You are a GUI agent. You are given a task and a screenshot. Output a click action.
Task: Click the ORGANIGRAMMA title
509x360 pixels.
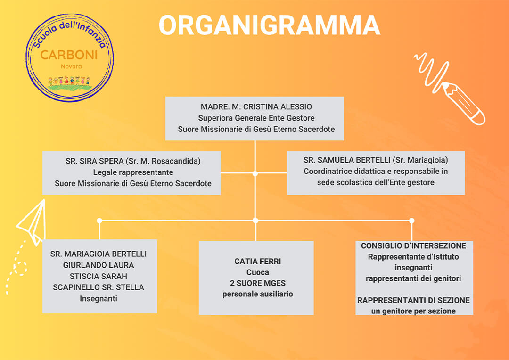(x=269, y=25)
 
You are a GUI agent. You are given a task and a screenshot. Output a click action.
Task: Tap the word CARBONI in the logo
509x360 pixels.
(x=69, y=55)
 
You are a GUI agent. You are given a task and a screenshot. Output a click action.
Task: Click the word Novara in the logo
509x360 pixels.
(x=71, y=66)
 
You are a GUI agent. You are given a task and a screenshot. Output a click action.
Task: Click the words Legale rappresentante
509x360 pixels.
(x=133, y=172)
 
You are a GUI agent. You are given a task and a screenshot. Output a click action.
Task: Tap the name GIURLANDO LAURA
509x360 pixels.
(x=99, y=265)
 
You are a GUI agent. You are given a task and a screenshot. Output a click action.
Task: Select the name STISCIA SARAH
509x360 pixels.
(x=99, y=276)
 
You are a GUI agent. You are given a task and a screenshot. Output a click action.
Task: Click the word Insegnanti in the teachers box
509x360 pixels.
(x=99, y=298)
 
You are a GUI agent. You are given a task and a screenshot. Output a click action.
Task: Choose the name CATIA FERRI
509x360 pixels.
(x=257, y=261)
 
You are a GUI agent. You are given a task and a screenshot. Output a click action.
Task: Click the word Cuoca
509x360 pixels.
(x=257, y=272)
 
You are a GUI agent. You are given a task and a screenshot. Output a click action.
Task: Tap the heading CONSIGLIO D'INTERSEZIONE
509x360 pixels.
(x=413, y=246)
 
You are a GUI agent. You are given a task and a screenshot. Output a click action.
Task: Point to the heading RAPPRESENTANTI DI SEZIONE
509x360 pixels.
(x=413, y=300)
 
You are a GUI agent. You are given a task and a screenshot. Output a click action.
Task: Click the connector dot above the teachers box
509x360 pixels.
(x=99, y=221)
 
